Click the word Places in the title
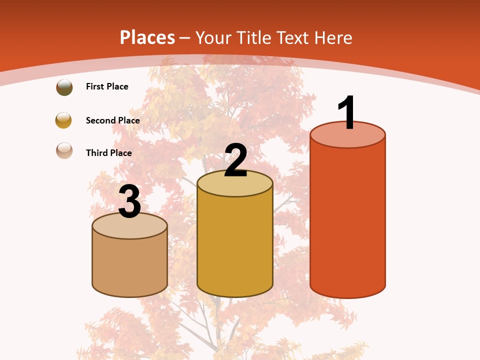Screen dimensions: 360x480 [x=147, y=37]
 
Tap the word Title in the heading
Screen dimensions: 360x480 [x=254, y=37]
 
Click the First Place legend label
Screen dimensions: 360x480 [x=107, y=86]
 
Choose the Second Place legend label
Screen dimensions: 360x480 [x=112, y=120]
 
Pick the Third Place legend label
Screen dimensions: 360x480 [x=108, y=153]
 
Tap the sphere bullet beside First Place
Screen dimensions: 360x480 [x=64, y=87]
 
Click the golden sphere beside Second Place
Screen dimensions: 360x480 [x=63, y=120]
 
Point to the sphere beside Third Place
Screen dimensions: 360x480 [x=64, y=150]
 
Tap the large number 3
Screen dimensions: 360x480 [x=130, y=202]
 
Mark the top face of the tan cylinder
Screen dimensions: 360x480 [x=130, y=228]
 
